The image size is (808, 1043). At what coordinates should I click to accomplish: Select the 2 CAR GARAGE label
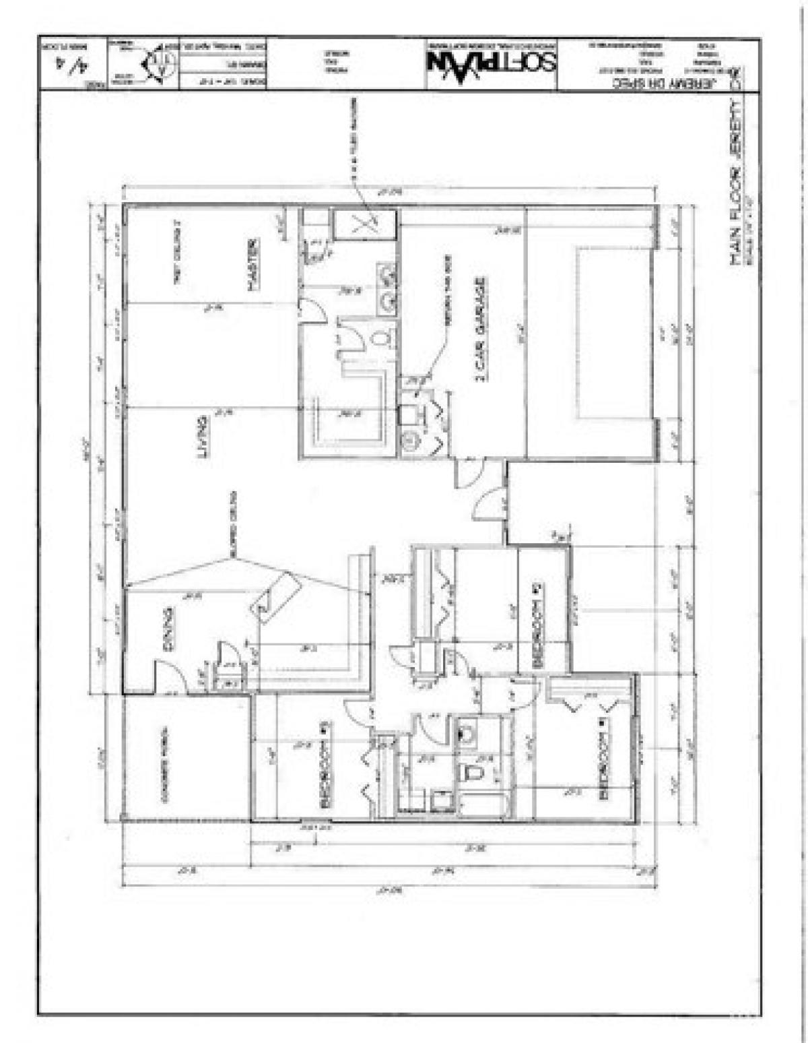[x=481, y=329]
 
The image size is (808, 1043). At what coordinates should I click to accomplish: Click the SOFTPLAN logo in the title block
[x=492, y=64]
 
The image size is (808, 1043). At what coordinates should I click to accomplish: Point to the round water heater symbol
[x=408, y=441]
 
